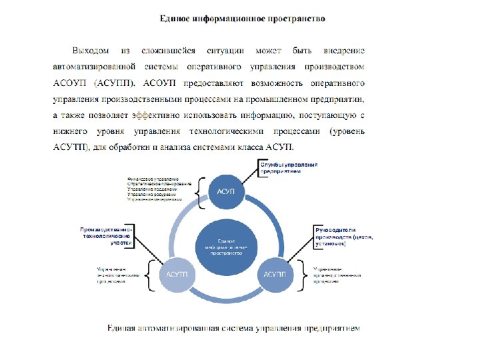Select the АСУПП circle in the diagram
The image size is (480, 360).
pos(275,274)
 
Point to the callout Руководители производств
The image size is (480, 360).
pos(343,237)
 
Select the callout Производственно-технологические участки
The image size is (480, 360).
pos(107,236)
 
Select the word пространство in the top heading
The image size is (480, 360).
pos(301,19)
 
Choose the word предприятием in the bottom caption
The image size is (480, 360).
pos(333,328)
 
